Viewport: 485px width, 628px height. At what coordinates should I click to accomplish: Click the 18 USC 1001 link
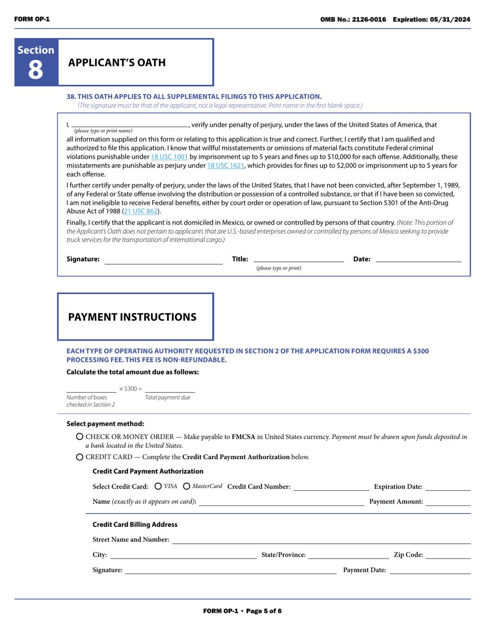click(x=169, y=157)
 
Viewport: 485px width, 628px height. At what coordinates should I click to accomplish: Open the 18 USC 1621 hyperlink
click(x=225, y=165)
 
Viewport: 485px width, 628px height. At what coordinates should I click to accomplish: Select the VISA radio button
click(x=158, y=487)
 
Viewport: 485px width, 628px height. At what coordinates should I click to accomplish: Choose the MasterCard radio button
click(x=187, y=487)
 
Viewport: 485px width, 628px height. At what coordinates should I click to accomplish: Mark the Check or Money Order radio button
click(x=80, y=437)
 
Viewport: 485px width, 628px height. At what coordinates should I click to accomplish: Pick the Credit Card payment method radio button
click(x=80, y=457)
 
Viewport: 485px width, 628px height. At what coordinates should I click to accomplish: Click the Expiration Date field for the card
click(x=448, y=487)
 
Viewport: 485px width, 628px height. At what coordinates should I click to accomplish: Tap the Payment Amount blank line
click(x=448, y=502)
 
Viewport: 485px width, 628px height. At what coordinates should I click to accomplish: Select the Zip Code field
click(x=448, y=555)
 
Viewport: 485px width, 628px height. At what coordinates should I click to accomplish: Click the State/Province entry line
click(x=349, y=555)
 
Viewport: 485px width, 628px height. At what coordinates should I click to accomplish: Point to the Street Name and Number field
click(x=321, y=540)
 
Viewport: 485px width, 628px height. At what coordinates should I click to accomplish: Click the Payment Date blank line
click(x=430, y=571)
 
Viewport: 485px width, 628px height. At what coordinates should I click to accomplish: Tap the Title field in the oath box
click(x=298, y=259)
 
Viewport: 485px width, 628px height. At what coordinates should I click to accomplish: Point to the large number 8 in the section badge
click(x=36, y=70)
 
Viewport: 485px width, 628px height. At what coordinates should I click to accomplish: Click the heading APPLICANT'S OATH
click(x=117, y=63)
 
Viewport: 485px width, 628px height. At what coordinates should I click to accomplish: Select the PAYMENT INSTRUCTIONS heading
click(x=132, y=317)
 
